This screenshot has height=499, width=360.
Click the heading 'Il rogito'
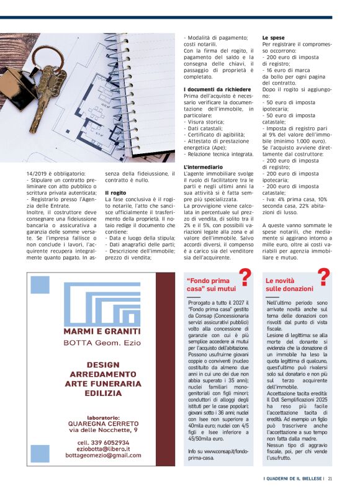(115, 193)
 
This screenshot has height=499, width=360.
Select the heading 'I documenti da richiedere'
(217, 90)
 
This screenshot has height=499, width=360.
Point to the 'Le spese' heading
(274, 38)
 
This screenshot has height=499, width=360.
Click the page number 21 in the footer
(330, 478)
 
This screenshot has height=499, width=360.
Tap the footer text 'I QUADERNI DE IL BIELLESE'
(292, 478)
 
